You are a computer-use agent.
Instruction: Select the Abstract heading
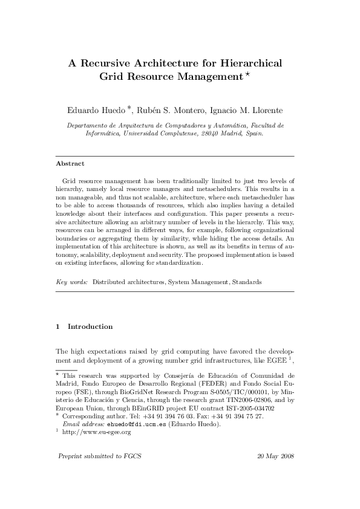point(70,163)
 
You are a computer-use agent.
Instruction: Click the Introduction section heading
point(90,326)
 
